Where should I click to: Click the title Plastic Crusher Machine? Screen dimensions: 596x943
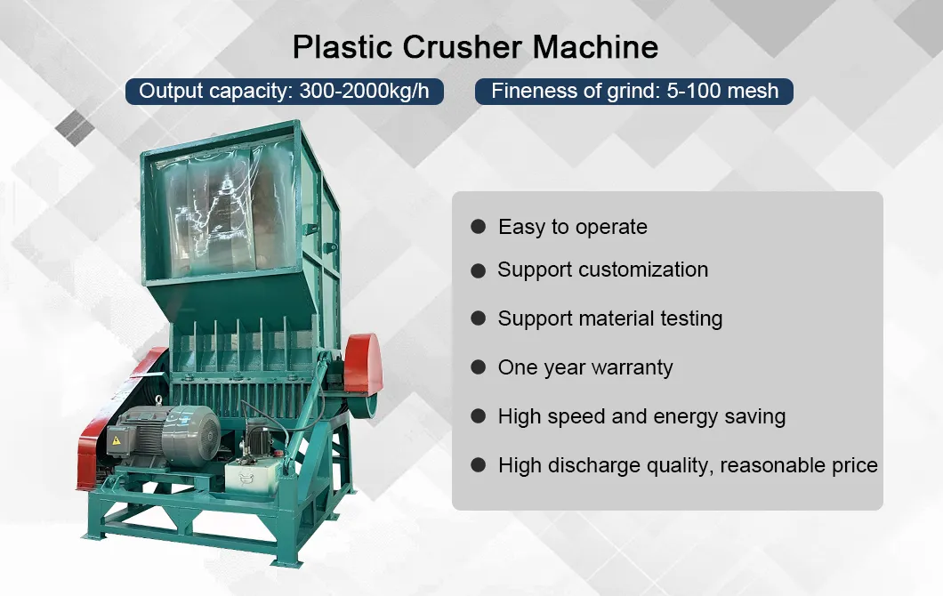click(475, 46)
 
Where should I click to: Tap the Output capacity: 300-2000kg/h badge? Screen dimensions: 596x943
click(285, 91)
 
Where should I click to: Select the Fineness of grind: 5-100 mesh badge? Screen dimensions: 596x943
click(634, 91)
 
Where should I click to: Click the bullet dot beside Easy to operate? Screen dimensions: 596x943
click(479, 227)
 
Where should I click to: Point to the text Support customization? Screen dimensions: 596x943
click(602, 270)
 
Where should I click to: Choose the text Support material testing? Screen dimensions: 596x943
click(609, 318)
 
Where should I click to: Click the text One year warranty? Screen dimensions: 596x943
click(585, 367)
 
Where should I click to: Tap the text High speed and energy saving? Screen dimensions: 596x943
click(641, 416)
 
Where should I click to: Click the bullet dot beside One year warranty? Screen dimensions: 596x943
click(479, 367)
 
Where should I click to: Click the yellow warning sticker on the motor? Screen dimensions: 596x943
click(114, 439)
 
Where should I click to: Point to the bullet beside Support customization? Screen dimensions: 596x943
click(479, 270)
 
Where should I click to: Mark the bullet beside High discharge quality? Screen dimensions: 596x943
click(479, 465)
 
